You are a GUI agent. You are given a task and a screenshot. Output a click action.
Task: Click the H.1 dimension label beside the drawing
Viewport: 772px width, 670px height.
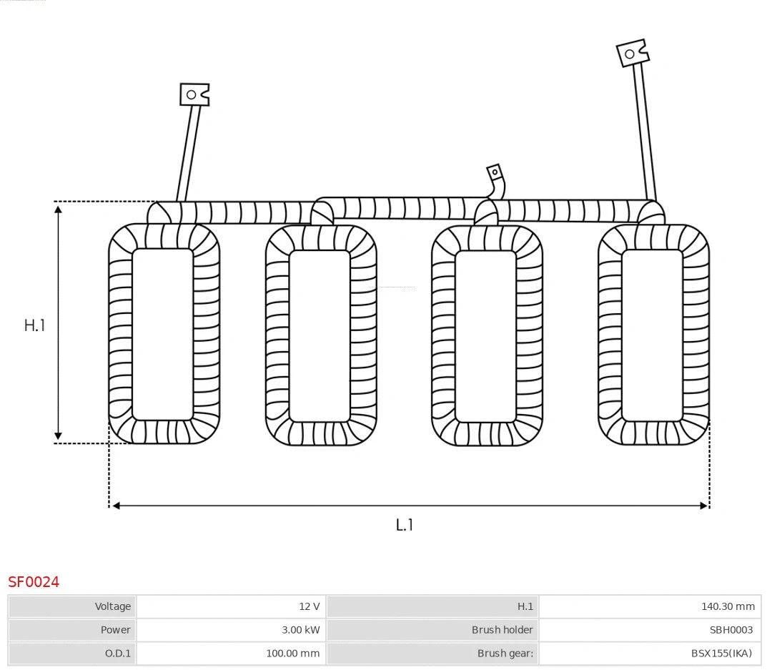[34, 325]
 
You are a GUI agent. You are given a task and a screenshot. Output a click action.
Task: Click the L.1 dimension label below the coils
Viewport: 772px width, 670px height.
[405, 525]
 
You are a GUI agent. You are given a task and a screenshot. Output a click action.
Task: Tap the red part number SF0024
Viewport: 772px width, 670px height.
[34, 582]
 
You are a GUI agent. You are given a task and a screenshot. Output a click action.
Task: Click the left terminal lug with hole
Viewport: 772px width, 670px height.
[194, 94]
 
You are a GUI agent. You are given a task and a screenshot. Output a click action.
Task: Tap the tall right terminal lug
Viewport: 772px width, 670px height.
[632, 54]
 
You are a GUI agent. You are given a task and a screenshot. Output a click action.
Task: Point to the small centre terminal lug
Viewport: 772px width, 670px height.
[495, 173]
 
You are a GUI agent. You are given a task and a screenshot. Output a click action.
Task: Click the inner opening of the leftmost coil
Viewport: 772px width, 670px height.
[163, 335]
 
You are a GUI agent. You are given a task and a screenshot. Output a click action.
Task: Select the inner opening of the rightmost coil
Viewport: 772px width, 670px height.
[652, 335]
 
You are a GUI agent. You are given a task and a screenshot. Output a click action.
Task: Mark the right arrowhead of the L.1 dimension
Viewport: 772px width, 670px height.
[704, 506]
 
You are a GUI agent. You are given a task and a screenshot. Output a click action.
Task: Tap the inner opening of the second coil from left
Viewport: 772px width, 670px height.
[320, 335]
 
